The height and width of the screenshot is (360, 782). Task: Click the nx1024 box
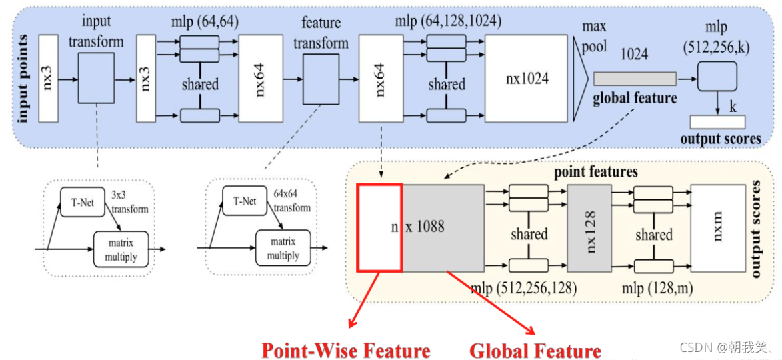point(526,79)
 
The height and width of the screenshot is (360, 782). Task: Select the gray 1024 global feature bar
point(633,78)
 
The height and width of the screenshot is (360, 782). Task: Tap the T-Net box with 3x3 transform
point(83,201)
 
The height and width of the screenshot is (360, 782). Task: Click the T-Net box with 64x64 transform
point(245,201)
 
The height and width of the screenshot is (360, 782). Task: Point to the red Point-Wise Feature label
point(345,350)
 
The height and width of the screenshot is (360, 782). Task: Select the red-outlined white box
point(379,227)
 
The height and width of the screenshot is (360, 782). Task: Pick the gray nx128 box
point(589,227)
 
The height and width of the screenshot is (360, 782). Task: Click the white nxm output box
point(717,227)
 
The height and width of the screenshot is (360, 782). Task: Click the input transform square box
point(96,79)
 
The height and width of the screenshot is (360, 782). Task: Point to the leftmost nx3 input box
point(49,79)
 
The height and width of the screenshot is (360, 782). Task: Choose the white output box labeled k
point(717,122)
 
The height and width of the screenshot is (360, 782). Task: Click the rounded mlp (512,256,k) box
point(717,77)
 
